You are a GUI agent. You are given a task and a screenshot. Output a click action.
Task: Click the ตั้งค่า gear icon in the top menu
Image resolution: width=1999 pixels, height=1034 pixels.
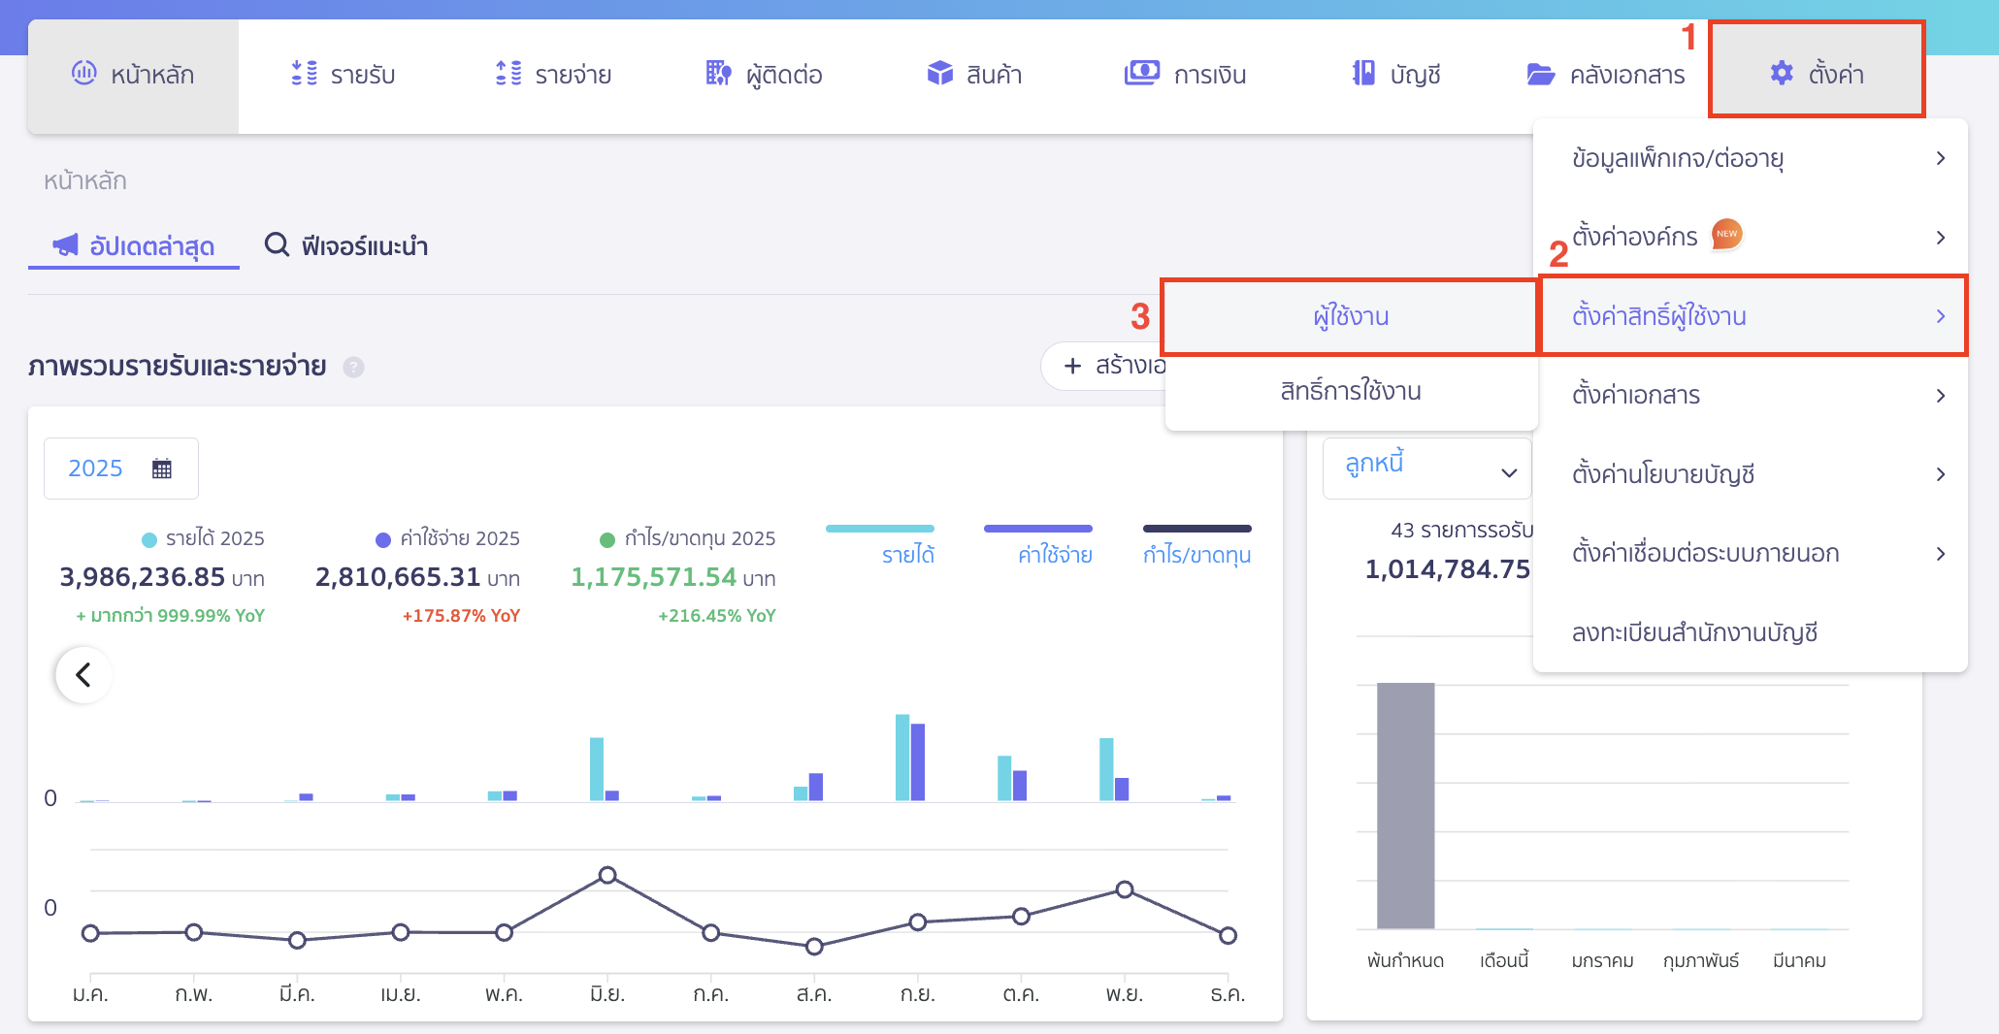pyautogui.click(x=1782, y=74)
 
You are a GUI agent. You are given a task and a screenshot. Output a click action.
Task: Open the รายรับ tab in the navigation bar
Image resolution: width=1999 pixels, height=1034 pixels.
pyautogui.click(x=344, y=75)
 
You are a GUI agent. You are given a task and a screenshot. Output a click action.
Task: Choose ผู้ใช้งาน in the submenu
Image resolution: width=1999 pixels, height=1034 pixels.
pyautogui.click(x=1350, y=317)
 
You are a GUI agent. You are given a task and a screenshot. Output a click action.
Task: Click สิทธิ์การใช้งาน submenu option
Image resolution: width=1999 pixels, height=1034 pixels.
pyautogui.click(x=1350, y=392)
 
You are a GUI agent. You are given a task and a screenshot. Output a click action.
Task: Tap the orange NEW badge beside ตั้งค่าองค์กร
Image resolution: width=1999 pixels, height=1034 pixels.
pyautogui.click(x=1726, y=234)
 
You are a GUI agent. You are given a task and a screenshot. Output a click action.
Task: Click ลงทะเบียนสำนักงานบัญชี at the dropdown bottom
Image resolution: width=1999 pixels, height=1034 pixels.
pyautogui.click(x=1694, y=633)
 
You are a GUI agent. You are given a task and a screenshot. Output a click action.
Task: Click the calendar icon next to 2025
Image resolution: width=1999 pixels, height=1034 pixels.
pyautogui.click(x=162, y=469)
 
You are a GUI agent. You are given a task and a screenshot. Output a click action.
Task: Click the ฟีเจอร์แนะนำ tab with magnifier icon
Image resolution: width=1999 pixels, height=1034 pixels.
pyautogui.click(x=346, y=246)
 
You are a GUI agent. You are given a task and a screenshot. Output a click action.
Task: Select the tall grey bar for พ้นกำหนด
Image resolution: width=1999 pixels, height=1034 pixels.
pyautogui.click(x=1405, y=805)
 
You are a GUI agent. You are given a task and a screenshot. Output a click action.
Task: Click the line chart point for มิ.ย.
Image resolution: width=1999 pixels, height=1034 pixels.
pyautogui.click(x=607, y=875)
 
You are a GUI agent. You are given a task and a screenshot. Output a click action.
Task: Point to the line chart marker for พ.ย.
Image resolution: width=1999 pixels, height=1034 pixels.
pyautogui.click(x=1124, y=889)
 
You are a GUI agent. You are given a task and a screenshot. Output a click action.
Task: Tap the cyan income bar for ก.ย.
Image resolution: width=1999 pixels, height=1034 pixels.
pyautogui.click(x=902, y=757)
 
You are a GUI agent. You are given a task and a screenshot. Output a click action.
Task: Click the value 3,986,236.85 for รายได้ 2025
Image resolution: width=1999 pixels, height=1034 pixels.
pyautogui.click(x=143, y=577)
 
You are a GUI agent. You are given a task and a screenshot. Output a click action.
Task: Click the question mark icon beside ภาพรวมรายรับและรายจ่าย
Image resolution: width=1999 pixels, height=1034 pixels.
pyautogui.click(x=354, y=368)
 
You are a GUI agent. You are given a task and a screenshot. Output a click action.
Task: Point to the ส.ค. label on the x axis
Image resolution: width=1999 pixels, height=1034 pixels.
pyautogui.click(x=813, y=994)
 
